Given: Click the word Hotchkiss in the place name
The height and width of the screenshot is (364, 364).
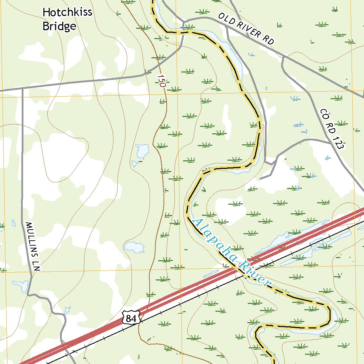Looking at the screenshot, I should tap(67, 12).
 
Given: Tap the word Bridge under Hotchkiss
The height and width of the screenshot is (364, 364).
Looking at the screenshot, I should tap(59, 26).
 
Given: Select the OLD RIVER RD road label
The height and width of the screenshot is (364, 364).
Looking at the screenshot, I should tap(246, 29).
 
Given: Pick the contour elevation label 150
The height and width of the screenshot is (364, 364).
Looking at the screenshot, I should tap(162, 81).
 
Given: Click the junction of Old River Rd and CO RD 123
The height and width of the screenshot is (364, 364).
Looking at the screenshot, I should tap(284, 57).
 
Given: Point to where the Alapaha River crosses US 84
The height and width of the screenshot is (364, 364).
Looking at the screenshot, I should tap(237, 269).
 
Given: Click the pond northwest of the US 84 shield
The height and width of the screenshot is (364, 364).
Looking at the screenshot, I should tap(134, 246).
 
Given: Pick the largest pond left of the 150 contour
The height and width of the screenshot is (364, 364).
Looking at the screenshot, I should tap(142, 151).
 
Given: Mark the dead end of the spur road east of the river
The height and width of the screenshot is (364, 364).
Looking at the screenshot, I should tap(260, 178).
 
